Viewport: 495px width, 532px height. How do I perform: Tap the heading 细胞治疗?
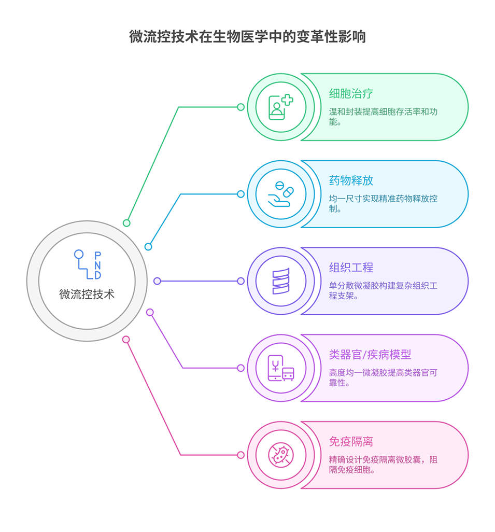[351, 94]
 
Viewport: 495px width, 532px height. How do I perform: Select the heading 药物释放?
[351, 181]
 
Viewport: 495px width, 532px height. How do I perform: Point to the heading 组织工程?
[351, 268]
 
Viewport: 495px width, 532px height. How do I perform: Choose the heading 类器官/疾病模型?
[370, 355]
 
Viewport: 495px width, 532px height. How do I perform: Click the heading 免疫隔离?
[351, 442]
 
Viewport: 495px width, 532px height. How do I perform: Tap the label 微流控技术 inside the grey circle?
[87, 295]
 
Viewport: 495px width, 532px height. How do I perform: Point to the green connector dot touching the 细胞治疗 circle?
[241, 107]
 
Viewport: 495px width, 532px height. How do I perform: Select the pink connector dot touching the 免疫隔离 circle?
[241, 455]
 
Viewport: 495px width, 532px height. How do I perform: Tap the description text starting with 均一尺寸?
[383, 204]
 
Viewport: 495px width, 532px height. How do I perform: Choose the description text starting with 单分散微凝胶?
[383, 291]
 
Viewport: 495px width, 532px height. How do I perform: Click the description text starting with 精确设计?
[383, 465]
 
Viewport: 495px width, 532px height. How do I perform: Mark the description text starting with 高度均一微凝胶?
[383, 378]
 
